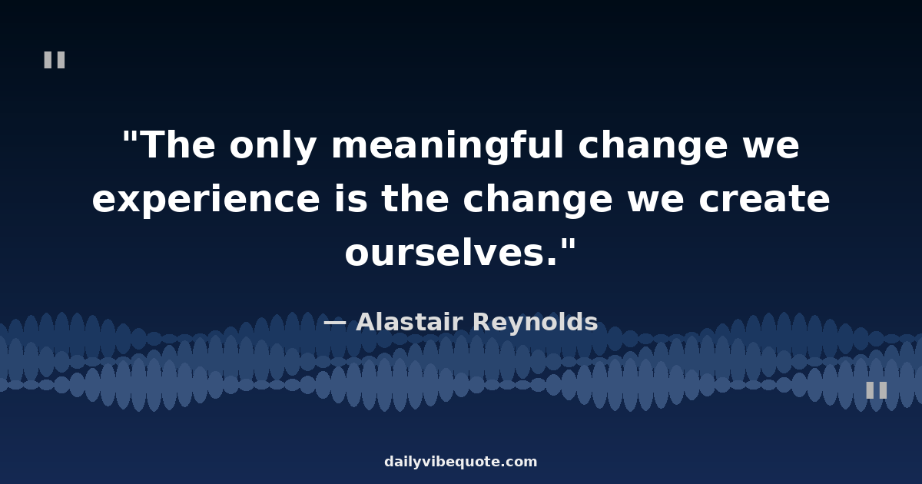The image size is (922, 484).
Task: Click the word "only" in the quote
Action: pyautogui.click(x=273, y=146)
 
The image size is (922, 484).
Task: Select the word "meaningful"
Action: pyautogui.click(x=447, y=146)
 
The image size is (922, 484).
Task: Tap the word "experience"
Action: pyautogui.click(x=206, y=200)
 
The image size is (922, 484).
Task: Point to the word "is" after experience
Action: pyautogui.click(x=350, y=198)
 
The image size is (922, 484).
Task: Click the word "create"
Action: pyautogui.click(x=764, y=199)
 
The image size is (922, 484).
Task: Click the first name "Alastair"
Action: pyautogui.click(x=409, y=321)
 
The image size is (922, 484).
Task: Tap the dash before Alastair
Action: pyautogui.click(x=335, y=322)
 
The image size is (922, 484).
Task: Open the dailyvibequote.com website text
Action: pyautogui.click(x=460, y=462)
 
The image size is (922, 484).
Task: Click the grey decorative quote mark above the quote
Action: pyautogui.click(x=55, y=60)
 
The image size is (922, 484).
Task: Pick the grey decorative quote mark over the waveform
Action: pyautogui.click(x=877, y=390)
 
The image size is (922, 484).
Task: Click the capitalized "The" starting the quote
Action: pyautogui.click(x=178, y=145)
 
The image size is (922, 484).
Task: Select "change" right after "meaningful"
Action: pyautogui.click(x=653, y=146)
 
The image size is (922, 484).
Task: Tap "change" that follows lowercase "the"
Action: pyautogui.click(x=538, y=200)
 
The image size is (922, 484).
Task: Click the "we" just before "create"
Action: pyautogui.click(x=655, y=203)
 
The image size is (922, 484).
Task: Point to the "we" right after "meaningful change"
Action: pyautogui.click(x=771, y=149)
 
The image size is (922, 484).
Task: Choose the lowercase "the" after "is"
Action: pyautogui.click(x=415, y=198)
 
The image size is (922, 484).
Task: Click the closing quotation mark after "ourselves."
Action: pyautogui.click(x=568, y=244)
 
